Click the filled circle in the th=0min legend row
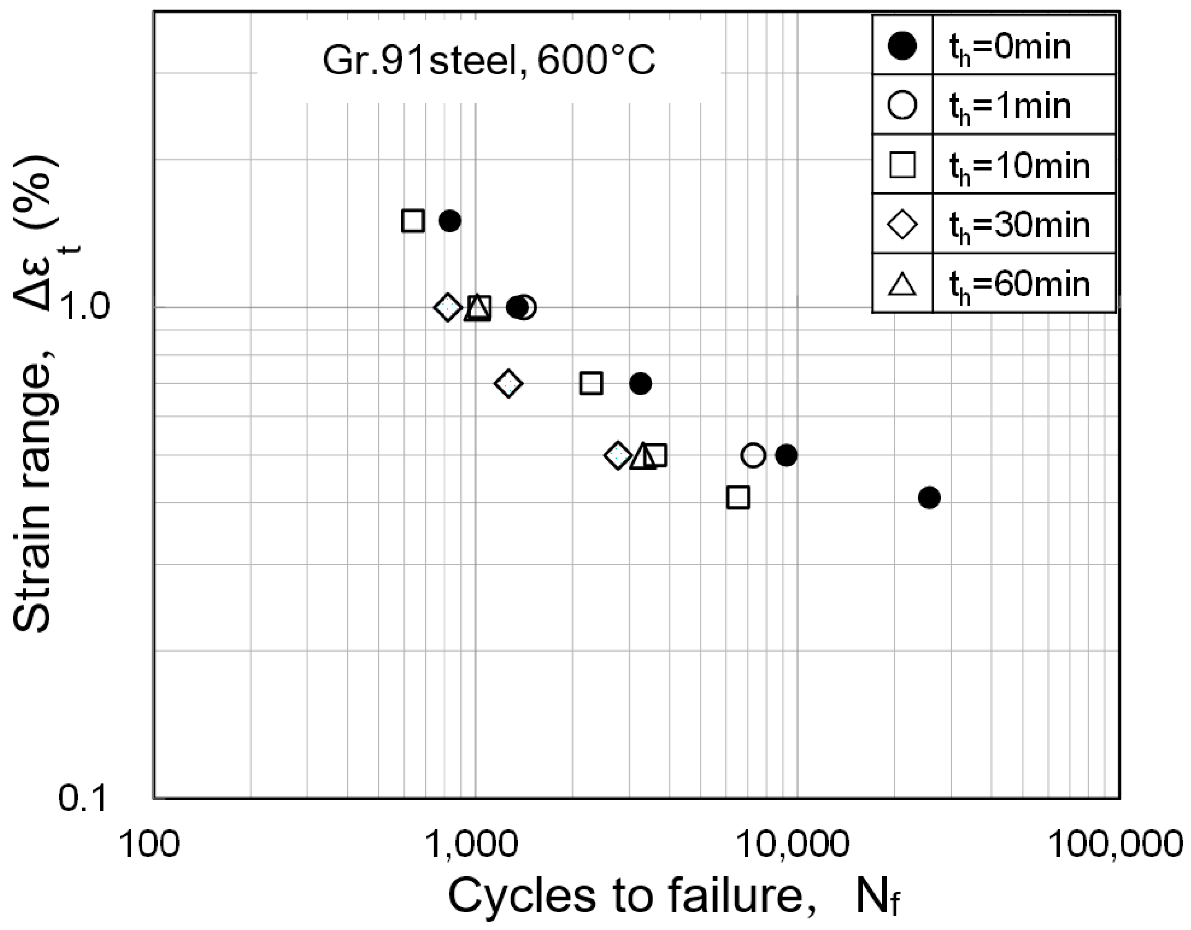point(902,45)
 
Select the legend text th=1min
point(1010,106)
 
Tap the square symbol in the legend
point(902,165)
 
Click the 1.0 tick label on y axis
point(85,307)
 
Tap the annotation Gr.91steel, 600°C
point(489,60)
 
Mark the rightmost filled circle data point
point(929,498)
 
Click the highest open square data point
point(413,220)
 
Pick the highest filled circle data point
point(450,220)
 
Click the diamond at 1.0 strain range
point(448,308)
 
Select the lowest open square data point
point(738,498)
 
